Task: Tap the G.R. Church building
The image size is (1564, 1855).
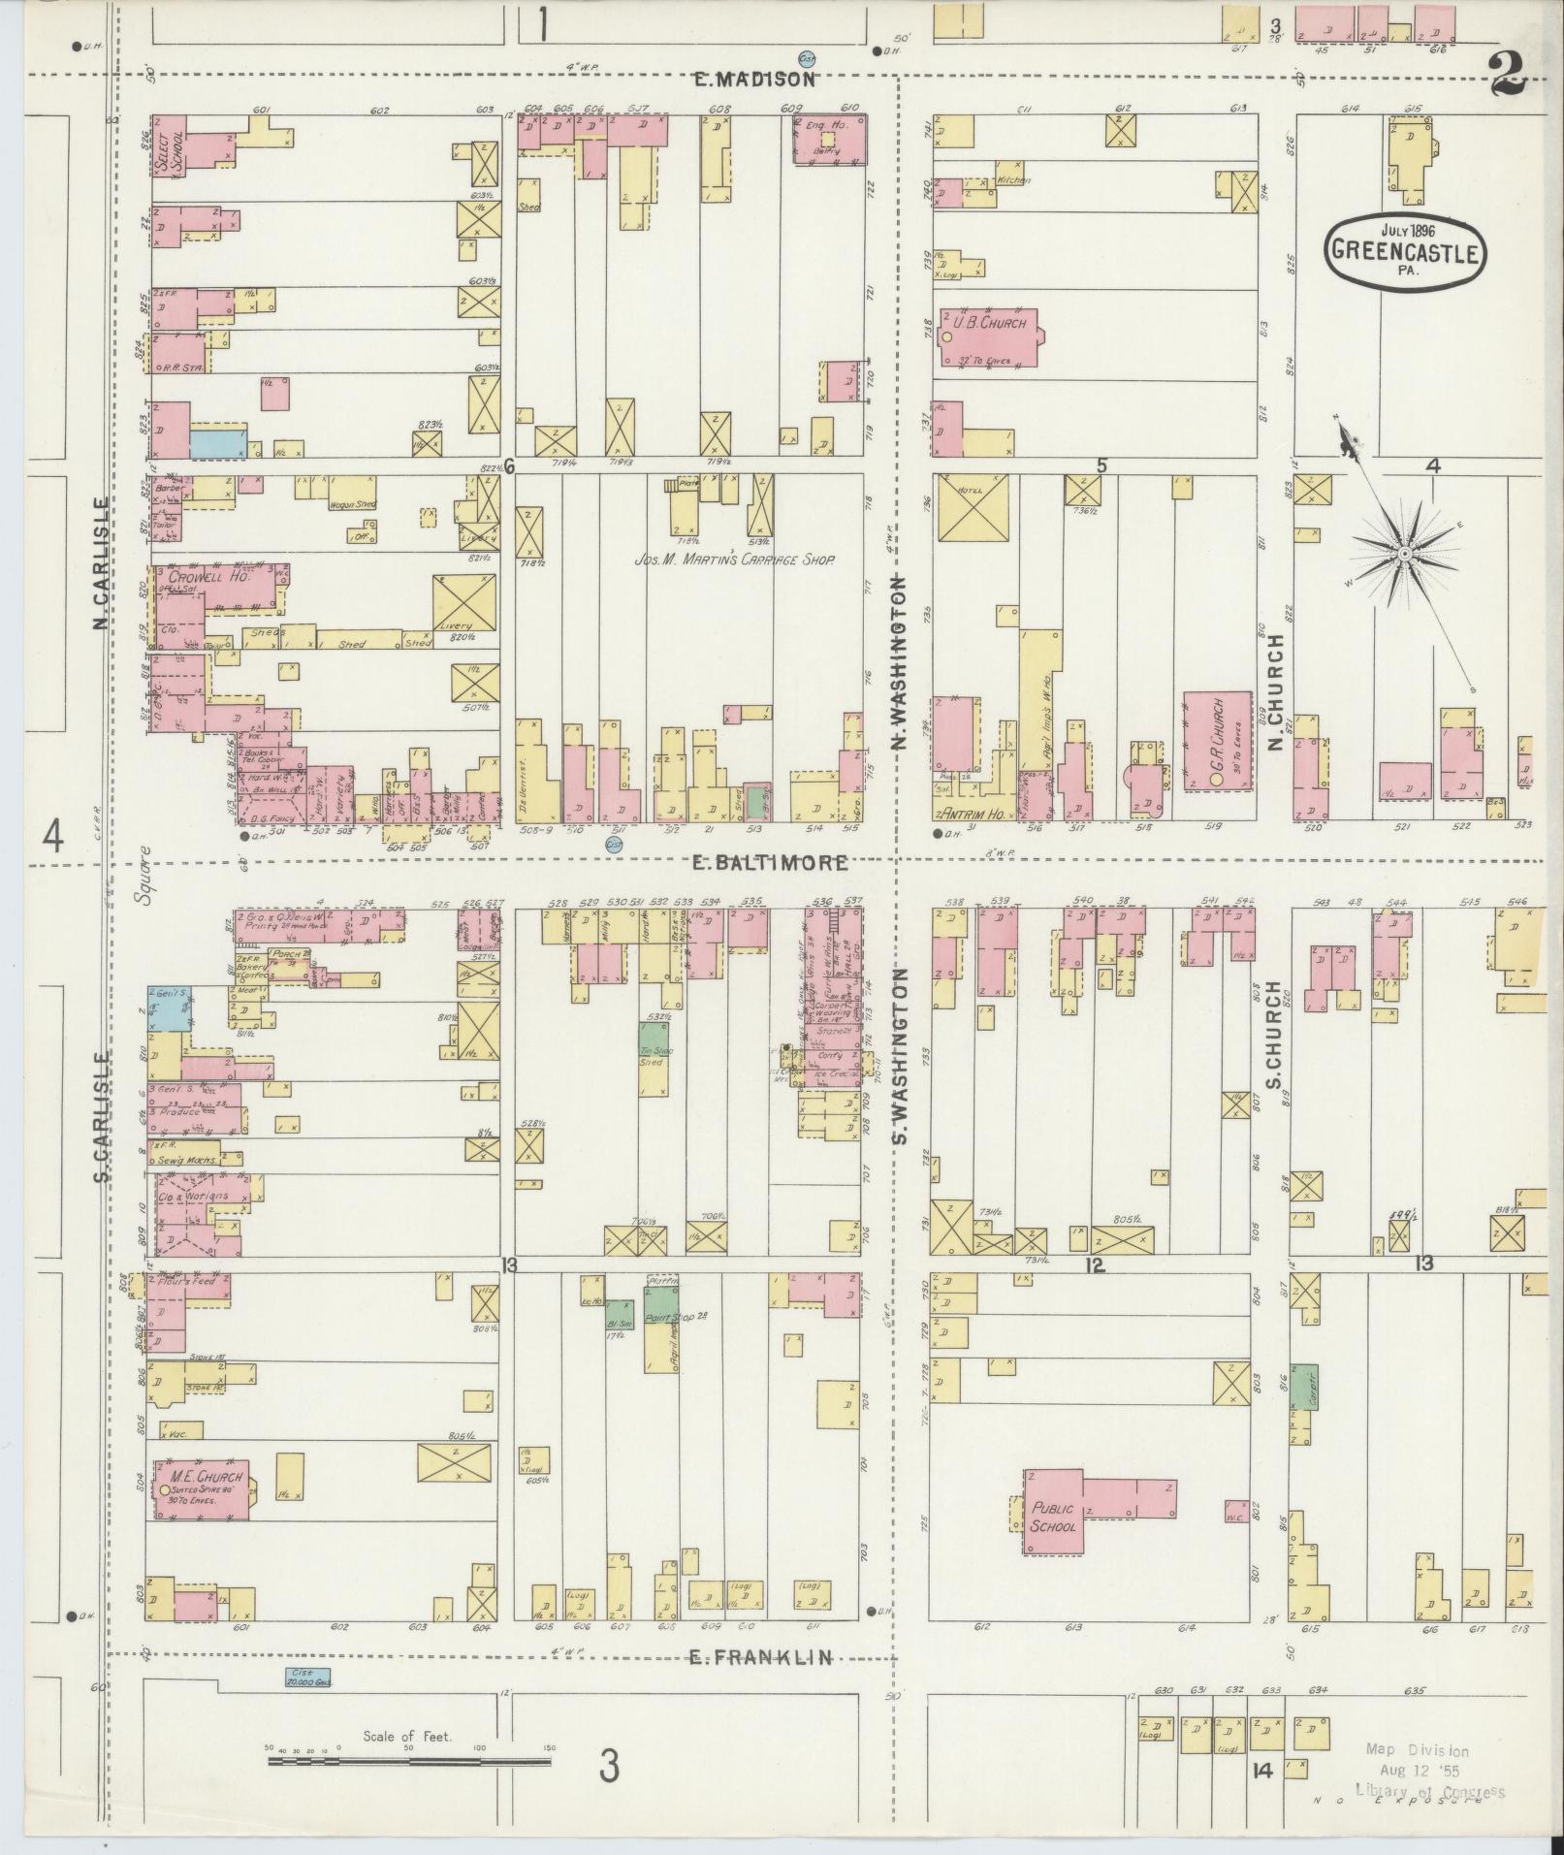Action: tap(1217, 741)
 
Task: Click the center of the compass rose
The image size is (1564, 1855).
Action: tap(1403, 554)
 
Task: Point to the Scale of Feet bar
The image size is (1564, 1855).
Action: tap(407, 1750)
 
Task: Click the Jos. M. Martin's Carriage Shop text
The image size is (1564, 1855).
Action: tap(734, 560)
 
